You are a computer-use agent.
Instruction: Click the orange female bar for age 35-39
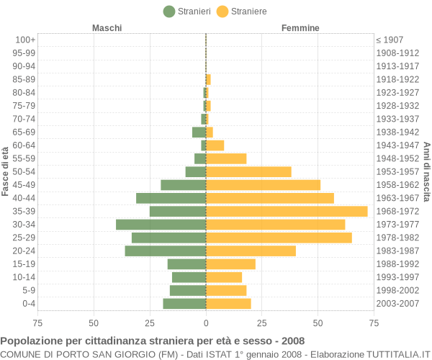[287, 211]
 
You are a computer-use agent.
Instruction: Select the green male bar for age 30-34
[161, 225]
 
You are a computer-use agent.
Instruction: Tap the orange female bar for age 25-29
[279, 238]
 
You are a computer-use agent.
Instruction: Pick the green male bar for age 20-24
[165, 251]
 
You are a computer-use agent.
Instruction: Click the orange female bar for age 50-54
[248, 171]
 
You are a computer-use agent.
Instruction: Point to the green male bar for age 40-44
[171, 198]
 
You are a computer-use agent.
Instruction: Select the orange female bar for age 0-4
[228, 304]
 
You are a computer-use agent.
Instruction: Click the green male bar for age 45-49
[183, 185]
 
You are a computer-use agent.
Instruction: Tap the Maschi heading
[107, 28]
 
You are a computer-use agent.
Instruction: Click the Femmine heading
[300, 28]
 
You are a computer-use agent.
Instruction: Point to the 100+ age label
[25, 40]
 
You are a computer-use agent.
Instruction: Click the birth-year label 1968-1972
[397, 211]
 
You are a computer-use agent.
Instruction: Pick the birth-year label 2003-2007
[397, 304]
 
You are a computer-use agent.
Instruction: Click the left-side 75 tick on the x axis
[37, 323]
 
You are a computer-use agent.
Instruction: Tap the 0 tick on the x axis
[206, 323]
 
